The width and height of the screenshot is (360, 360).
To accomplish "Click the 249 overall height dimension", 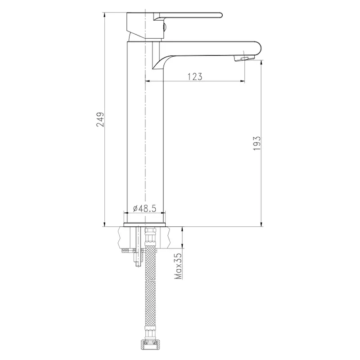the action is click(100, 119).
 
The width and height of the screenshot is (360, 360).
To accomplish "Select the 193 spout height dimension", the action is click(257, 143).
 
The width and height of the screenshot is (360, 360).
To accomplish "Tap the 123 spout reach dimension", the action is click(195, 76).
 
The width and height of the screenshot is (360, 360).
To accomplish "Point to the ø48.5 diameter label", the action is click(144, 208).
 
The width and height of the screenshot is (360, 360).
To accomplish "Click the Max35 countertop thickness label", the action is click(178, 266).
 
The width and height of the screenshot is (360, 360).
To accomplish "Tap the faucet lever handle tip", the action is click(221, 15).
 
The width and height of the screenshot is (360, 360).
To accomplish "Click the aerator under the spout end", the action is click(244, 58).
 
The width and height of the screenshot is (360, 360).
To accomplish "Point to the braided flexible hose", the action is click(150, 287).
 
